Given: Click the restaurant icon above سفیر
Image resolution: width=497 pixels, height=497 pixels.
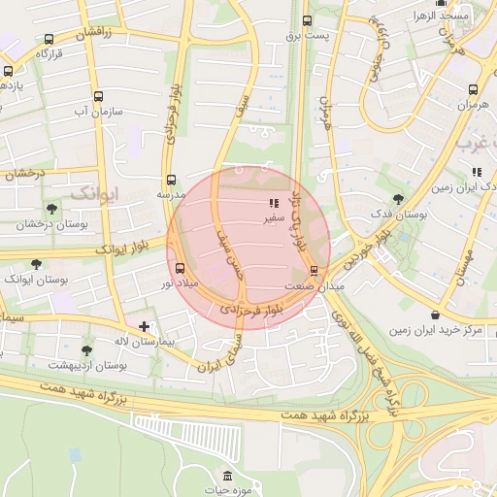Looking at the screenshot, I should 273,204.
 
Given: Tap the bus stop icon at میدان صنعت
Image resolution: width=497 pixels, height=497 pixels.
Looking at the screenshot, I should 314,271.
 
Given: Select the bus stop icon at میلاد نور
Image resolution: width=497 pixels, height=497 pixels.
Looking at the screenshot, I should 180,268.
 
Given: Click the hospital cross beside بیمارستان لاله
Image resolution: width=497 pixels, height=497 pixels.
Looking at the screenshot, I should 144,327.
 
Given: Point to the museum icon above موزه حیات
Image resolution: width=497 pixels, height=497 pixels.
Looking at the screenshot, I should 227,477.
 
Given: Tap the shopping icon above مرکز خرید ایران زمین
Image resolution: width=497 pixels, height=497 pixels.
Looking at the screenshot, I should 435,315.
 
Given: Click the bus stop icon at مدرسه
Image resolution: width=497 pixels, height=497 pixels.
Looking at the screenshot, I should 171,180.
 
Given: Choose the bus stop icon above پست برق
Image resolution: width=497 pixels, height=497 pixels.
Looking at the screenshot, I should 308,20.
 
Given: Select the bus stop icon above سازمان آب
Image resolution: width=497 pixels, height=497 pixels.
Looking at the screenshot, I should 98,96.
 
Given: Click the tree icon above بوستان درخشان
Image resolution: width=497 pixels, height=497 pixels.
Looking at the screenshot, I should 51,209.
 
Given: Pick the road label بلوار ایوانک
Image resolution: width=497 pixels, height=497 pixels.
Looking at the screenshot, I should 121,248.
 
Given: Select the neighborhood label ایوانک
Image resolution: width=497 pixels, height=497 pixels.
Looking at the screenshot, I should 94,191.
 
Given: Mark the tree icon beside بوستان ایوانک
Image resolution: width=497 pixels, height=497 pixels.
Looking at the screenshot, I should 37,263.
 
